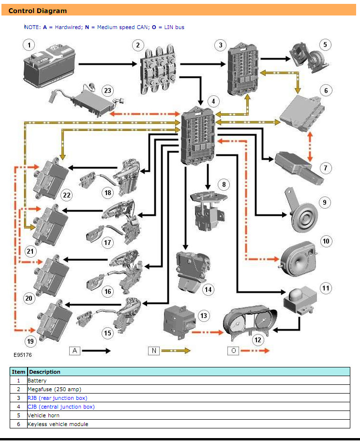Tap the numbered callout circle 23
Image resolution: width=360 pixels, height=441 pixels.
tap(107, 91)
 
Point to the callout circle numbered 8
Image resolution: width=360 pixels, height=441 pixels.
tap(223, 184)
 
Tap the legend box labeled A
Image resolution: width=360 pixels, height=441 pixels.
tap(75, 350)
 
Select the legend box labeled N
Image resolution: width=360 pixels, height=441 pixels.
tap(153, 350)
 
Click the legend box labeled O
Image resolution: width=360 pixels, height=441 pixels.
tap(233, 350)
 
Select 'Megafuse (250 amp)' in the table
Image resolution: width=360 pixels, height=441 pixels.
tap(54, 389)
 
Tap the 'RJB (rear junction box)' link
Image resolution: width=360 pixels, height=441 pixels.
tap(58, 398)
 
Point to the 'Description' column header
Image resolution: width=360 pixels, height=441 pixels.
tap(45, 372)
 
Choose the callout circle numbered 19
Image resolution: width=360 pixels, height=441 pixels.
tap(31, 341)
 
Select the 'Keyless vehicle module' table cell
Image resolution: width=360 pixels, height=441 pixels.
tap(58, 424)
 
